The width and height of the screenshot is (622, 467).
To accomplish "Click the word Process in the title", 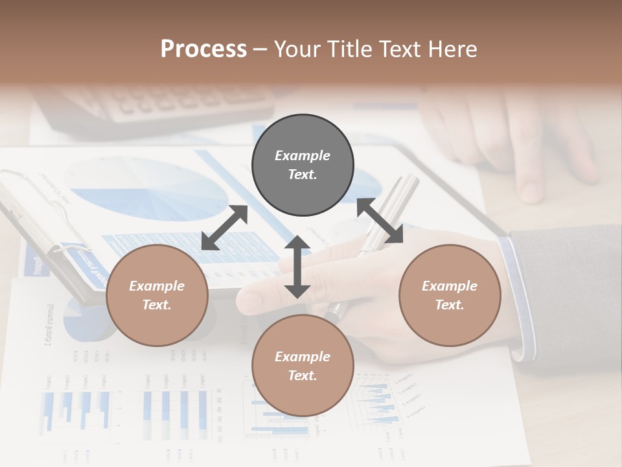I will (203, 49).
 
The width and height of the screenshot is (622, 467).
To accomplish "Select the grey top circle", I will (303, 165).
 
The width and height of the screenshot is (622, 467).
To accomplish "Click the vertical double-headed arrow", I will (297, 267).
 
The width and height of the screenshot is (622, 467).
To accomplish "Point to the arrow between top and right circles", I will (380, 221).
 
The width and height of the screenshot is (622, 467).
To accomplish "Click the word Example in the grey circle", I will (303, 156).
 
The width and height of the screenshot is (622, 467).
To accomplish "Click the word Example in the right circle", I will (450, 286).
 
